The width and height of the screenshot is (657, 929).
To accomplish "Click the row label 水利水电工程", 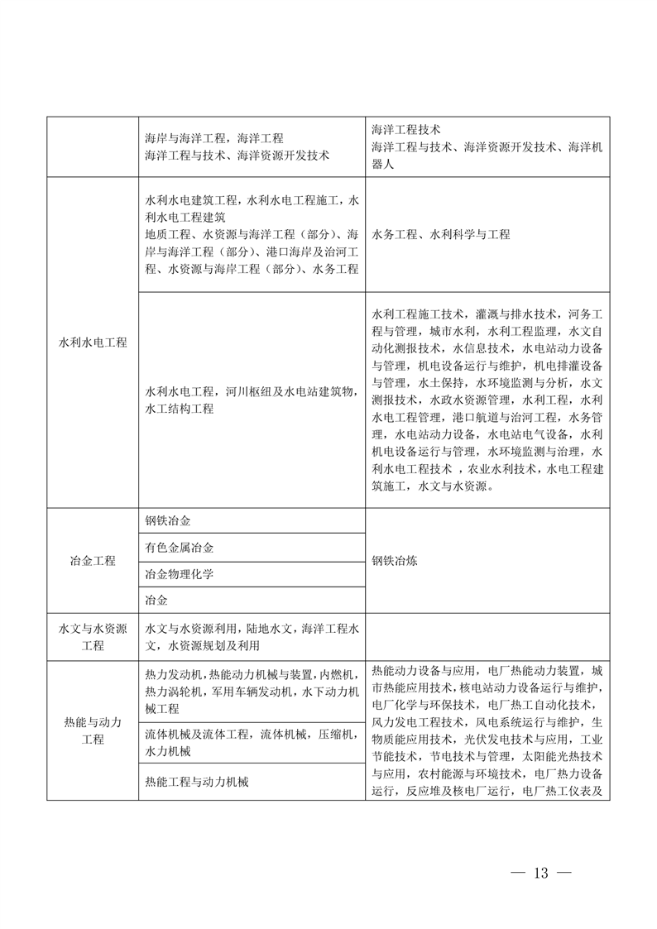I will pyautogui.click(x=93, y=342).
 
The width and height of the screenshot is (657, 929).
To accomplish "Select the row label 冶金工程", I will pyautogui.click(x=93, y=560).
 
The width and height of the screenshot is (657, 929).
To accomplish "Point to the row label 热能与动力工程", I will pyautogui.click(x=93, y=730).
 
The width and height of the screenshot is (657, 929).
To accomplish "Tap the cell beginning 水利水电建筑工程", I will pyautogui.click(x=252, y=234).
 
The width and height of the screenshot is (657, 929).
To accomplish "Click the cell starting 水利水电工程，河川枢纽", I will pyautogui.click(x=252, y=400).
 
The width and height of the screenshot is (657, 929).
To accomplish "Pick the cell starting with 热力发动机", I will pyautogui.click(x=252, y=691).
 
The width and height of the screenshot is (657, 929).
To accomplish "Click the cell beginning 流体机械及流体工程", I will pyautogui.click(x=252, y=742).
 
